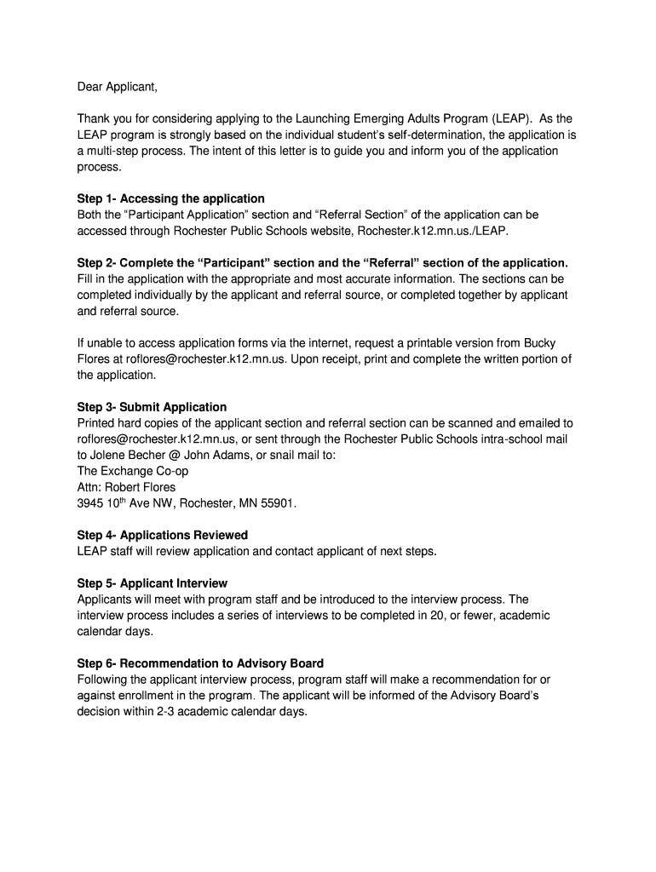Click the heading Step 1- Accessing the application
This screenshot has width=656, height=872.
[x=170, y=198]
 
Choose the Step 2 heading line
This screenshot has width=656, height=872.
[x=322, y=262]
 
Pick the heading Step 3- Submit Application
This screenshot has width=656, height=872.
[x=152, y=407]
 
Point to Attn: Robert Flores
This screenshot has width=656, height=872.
[x=126, y=487]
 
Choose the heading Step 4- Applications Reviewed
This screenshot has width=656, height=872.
[x=162, y=535]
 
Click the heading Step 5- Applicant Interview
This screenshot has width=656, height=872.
[x=152, y=583]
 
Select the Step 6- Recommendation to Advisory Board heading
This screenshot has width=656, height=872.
[x=200, y=663]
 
